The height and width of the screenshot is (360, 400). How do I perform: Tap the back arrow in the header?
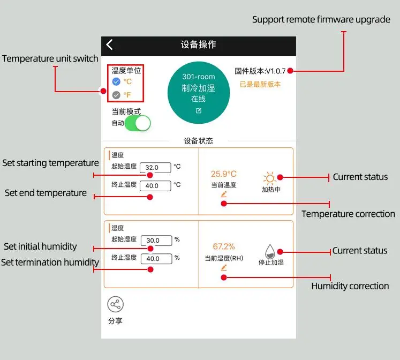coord(110,45)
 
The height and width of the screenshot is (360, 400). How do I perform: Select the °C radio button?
coord(116,81)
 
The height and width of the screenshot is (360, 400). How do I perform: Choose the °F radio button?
coord(116,95)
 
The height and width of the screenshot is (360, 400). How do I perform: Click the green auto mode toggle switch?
coord(138,123)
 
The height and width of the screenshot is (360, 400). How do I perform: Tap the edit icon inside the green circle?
coord(199,111)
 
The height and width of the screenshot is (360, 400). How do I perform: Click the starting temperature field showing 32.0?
coord(155,168)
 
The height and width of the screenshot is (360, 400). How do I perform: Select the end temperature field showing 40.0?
coord(155,186)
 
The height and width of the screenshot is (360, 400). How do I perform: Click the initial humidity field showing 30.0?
coord(156,241)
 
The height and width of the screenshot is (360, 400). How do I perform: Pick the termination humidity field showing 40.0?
coord(156,259)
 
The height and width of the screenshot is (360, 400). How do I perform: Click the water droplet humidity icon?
coord(271,251)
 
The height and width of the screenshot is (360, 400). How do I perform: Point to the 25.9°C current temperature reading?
coord(223,174)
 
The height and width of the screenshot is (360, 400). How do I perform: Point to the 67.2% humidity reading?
coord(224,246)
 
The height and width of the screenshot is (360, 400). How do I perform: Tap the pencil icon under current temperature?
coord(223,194)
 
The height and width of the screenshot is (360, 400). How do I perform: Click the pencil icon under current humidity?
coord(223,267)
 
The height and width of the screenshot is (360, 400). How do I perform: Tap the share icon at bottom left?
coord(115,304)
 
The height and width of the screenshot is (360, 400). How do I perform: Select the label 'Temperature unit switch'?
coord(50,59)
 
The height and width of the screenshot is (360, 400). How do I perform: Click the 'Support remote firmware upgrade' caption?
coord(321,20)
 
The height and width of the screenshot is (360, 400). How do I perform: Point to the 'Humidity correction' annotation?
coord(350,286)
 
